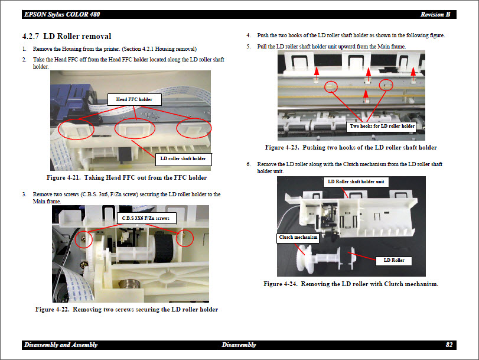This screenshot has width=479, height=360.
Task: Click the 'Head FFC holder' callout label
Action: (x=134, y=99)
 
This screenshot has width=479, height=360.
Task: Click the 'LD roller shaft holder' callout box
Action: (x=183, y=158)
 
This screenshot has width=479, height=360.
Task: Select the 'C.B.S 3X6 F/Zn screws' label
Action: (x=145, y=218)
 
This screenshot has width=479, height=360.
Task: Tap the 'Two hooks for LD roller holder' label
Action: (x=382, y=126)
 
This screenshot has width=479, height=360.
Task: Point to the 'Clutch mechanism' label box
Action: (x=298, y=238)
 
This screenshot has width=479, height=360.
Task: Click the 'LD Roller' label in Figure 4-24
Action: (x=393, y=260)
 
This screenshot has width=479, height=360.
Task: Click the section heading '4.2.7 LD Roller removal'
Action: (x=67, y=37)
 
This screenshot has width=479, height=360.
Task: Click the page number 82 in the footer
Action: (x=449, y=345)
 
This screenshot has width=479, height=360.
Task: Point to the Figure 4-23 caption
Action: (x=351, y=147)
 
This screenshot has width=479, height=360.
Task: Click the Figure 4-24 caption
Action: (x=351, y=284)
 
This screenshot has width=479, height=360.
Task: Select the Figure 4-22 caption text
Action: (x=126, y=309)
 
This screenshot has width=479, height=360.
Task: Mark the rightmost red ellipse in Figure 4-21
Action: (x=194, y=128)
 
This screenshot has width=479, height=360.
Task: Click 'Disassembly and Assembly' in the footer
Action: (x=61, y=345)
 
